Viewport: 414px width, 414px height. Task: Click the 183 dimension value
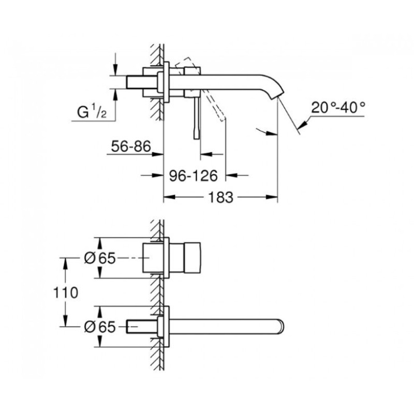point(221,197)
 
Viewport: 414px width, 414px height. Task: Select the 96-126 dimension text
point(193,175)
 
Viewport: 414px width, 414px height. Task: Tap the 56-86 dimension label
point(131,146)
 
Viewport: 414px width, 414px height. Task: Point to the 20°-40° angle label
point(338,108)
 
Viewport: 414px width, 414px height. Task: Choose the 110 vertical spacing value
point(66,292)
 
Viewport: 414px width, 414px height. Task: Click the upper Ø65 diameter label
point(100,258)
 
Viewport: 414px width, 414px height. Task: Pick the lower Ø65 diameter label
point(100,327)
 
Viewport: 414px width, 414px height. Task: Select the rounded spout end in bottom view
point(280,327)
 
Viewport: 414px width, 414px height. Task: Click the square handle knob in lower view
point(193,258)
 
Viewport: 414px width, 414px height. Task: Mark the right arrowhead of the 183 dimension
point(272,197)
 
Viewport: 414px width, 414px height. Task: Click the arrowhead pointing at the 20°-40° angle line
point(302,125)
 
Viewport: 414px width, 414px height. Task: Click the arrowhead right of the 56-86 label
point(158,154)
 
